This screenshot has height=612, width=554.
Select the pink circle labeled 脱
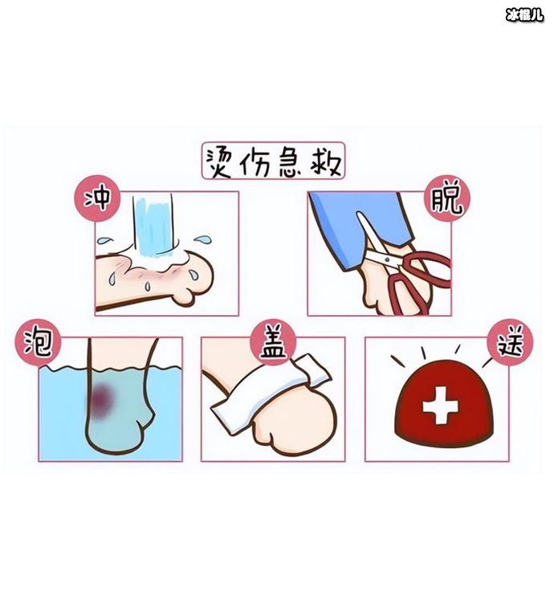point(447,198)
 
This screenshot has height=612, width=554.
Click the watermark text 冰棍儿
point(524,14)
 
